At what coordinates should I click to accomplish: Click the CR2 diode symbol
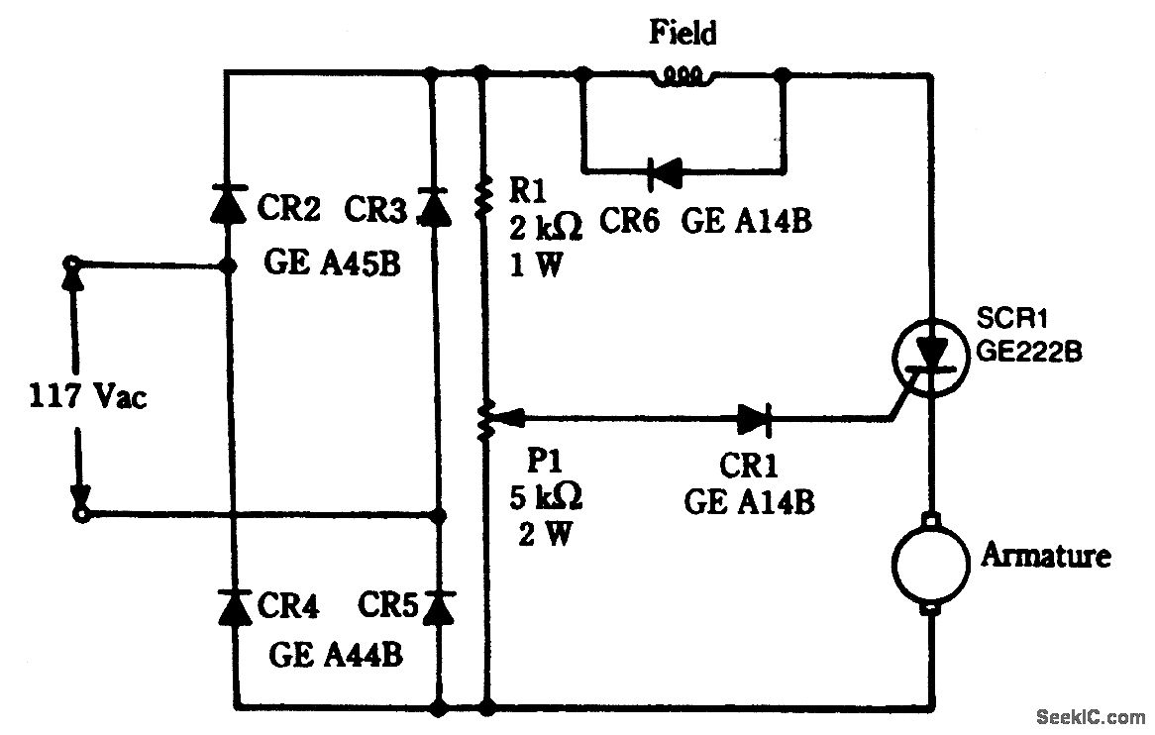tap(228, 204)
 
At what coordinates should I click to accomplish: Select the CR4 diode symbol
tap(234, 606)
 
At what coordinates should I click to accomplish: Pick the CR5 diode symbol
tap(437, 606)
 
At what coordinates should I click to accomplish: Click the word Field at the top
tap(682, 33)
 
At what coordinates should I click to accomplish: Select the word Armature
tap(1045, 555)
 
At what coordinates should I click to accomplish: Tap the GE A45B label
tap(332, 265)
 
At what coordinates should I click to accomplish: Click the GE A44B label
tap(337, 656)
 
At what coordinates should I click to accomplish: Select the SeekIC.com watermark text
tap(1088, 716)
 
